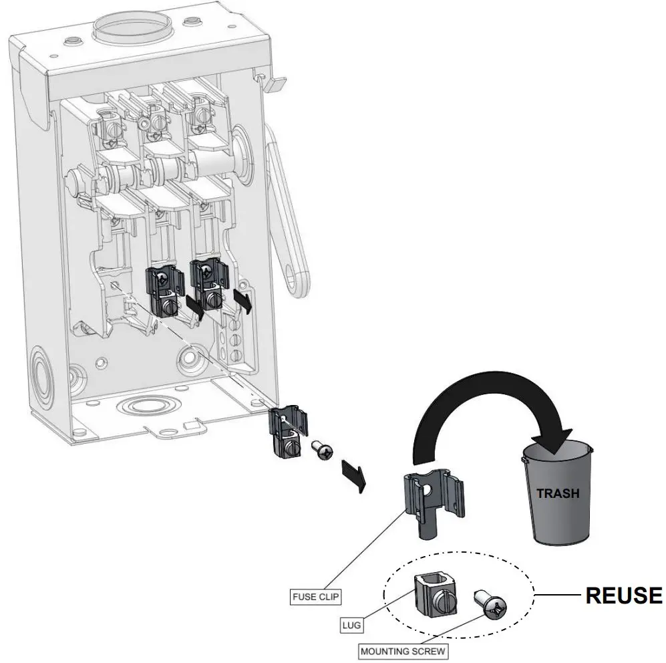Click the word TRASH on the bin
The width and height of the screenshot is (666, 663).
pyautogui.click(x=558, y=494)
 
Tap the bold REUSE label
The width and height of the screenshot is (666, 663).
pyautogui.click(x=623, y=595)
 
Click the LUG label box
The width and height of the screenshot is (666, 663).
pyautogui.click(x=352, y=626)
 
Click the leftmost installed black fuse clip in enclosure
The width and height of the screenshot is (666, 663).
pyautogui.click(x=164, y=291)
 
